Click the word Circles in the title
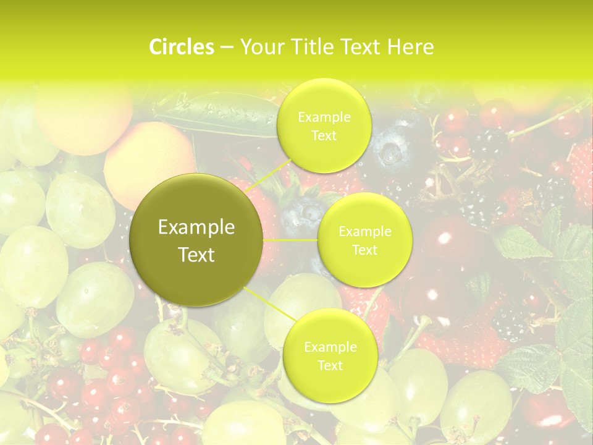pyautogui.click(x=181, y=47)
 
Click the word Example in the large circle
pyautogui.click(x=196, y=227)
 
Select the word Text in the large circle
pyautogui.click(x=196, y=254)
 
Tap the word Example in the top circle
pyautogui.click(x=324, y=117)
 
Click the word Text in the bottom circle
pyautogui.click(x=330, y=365)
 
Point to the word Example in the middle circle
pyautogui.click(x=365, y=232)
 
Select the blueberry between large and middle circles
pyautogui.click(x=300, y=213)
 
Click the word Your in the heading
pyautogui.click(x=260, y=47)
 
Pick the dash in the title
pyautogui.click(x=226, y=47)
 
